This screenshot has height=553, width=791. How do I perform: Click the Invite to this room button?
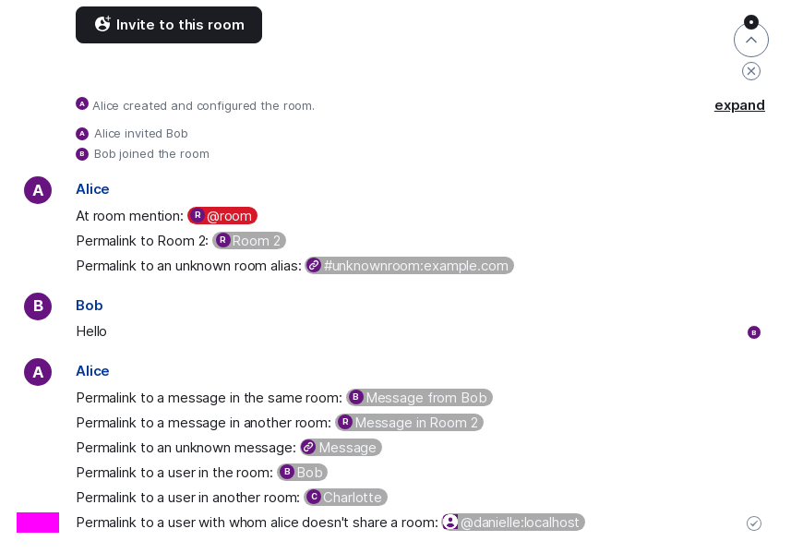coord(169,25)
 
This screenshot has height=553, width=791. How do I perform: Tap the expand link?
coord(739,105)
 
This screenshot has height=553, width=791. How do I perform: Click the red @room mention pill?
coord(222,216)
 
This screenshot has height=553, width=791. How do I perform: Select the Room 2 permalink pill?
coord(249,241)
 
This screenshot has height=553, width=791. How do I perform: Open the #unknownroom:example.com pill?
coord(410,265)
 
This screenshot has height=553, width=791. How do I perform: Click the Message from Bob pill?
coord(420,398)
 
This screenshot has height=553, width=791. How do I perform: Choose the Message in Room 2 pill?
coord(410,422)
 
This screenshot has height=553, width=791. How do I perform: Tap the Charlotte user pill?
coord(345,497)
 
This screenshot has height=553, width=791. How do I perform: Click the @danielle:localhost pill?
coord(513,523)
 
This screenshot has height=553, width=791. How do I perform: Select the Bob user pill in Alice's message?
coord(302,473)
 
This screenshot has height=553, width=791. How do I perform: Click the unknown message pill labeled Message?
coord(341,448)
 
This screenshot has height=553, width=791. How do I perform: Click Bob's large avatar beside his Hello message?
coord(38,307)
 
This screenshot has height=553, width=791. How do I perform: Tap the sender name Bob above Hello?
coord(90,306)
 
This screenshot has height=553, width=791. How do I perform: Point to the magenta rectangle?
coord(38,523)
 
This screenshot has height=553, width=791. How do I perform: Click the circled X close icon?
coord(751,71)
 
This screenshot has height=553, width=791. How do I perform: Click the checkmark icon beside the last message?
coord(754,523)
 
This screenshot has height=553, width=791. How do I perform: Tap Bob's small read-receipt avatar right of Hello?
coord(754,332)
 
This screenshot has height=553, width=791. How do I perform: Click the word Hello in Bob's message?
coord(91,331)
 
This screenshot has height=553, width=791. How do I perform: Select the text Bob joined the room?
coord(151,154)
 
